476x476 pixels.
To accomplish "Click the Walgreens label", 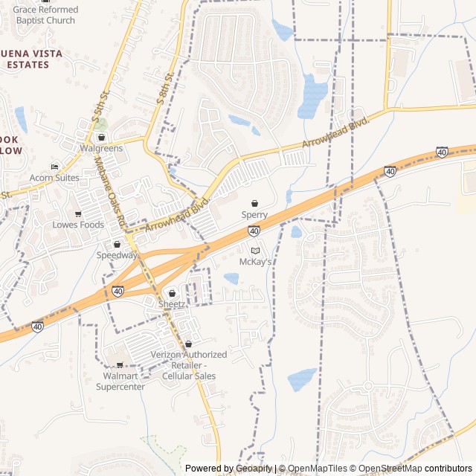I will [x=101, y=148].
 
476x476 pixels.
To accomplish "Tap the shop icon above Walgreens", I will [x=101, y=138].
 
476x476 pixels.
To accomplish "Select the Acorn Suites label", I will [x=54, y=178].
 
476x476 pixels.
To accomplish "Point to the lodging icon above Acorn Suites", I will [x=54, y=167].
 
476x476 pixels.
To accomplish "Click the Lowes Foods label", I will [x=77, y=225].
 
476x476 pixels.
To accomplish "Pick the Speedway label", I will [x=117, y=255].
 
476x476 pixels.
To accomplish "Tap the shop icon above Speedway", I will [x=117, y=244].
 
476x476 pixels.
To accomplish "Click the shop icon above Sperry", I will [x=254, y=203].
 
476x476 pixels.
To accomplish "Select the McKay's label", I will [x=255, y=262].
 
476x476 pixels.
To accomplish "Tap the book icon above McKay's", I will [x=255, y=251].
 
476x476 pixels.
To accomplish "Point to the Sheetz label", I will [x=172, y=304].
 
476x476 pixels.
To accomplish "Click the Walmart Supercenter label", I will [x=123, y=381].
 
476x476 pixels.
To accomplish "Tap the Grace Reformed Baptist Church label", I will [x=45, y=15].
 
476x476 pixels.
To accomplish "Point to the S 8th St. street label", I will [x=164, y=87].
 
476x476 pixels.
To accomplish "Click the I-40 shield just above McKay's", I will [x=254, y=231].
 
